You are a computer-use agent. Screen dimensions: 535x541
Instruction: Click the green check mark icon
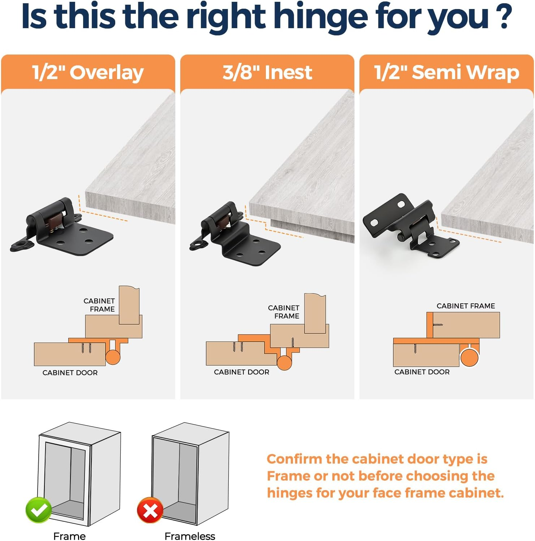[x=39, y=510]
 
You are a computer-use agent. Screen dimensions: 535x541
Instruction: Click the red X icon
[x=150, y=510]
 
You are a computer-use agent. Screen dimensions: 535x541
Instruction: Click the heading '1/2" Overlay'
[x=88, y=72]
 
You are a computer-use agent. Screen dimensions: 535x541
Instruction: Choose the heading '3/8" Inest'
[x=267, y=72]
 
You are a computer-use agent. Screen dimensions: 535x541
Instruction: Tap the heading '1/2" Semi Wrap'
[x=446, y=72]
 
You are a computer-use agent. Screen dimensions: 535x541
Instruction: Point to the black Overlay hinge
[x=61, y=228]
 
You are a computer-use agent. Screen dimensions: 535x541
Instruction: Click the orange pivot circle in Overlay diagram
[x=113, y=357]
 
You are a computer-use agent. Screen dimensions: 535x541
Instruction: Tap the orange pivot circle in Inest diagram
[x=284, y=363]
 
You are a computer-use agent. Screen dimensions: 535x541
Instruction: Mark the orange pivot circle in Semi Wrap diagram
[x=469, y=358]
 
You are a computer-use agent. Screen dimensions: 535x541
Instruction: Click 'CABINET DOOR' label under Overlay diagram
[x=70, y=373]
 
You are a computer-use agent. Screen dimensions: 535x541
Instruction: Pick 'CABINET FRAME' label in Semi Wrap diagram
[x=466, y=306]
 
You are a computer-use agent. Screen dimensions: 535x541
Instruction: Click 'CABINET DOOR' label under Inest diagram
[x=241, y=372]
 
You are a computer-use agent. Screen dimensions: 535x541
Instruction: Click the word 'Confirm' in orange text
[x=294, y=459]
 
